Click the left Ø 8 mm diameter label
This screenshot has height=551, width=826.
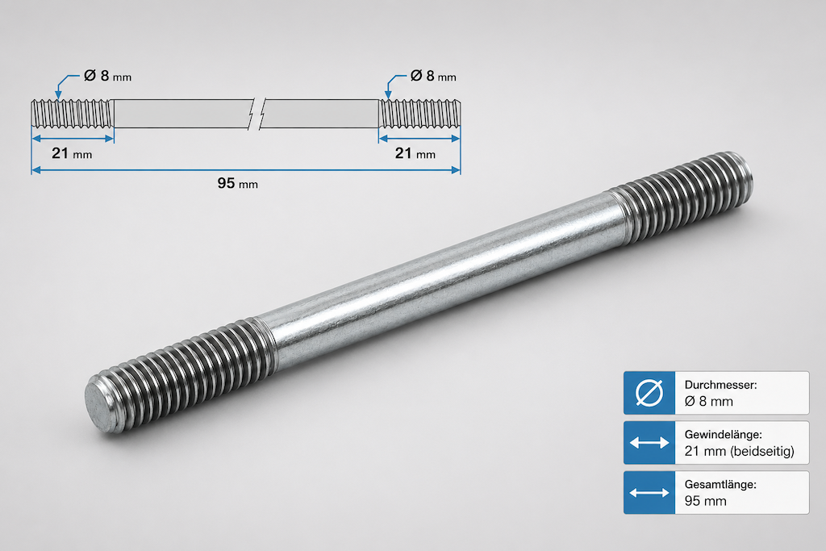[107, 76]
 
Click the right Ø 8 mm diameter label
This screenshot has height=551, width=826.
[433, 76]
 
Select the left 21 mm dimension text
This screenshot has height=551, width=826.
[72, 153]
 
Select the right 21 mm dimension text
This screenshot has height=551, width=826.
[415, 153]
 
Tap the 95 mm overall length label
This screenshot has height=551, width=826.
[238, 183]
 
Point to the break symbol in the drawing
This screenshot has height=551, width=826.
[256, 113]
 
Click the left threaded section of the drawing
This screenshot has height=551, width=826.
[73, 113]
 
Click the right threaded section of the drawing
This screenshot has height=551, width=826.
[419, 113]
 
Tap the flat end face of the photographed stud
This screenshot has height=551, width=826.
[99, 407]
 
